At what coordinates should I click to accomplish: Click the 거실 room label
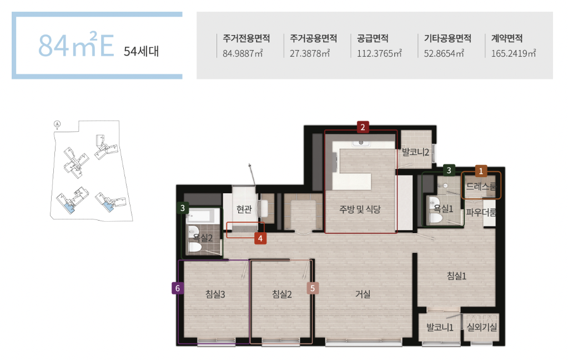click(x=363, y=294)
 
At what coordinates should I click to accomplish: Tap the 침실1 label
click(x=456, y=276)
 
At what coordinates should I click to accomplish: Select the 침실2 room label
click(x=282, y=294)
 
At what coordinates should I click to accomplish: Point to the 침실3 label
click(x=215, y=294)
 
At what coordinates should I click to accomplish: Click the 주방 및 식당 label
click(x=360, y=209)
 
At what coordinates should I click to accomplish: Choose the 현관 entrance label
click(x=244, y=209)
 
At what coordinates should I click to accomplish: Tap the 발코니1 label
click(x=440, y=327)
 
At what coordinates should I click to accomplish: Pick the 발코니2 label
click(x=415, y=152)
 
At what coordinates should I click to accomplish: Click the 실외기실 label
click(x=481, y=327)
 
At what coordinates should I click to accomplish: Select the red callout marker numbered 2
click(x=363, y=127)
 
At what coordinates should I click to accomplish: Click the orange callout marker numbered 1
click(x=481, y=171)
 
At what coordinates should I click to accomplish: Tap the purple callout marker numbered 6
click(x=178, y=288)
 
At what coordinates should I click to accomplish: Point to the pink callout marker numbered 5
click(x=313, y=288)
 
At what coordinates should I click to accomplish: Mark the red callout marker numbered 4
click(x=260, y=238)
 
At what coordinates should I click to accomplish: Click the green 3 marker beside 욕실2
click(x=183, y=208)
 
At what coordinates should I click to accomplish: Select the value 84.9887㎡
click(x=243, y=53)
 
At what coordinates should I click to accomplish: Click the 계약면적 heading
click(x=507, y=38)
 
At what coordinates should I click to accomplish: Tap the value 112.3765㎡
click(x=379, y=53)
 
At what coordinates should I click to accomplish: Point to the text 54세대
click(x=141, y=51)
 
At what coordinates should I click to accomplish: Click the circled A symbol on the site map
click(x=57, y=124)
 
